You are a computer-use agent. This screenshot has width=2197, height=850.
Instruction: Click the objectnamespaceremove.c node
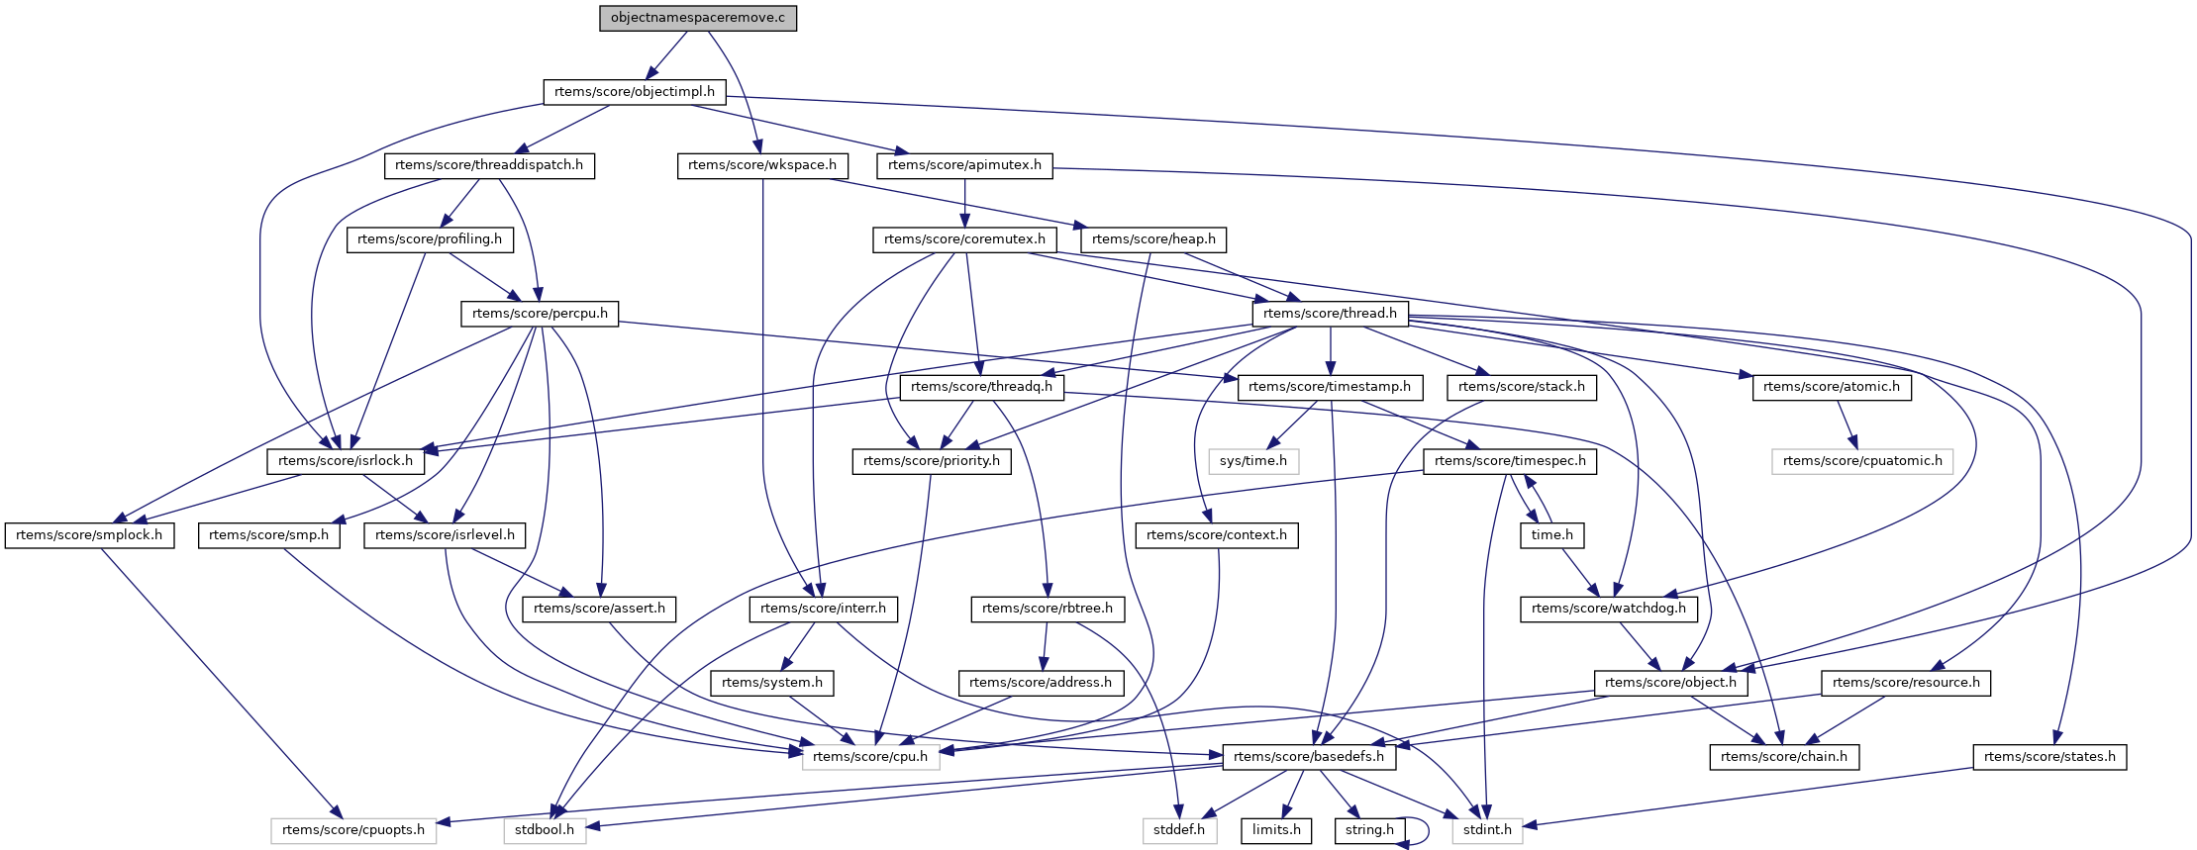coord(697,18)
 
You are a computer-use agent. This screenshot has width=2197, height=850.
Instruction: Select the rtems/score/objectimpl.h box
coord(634,92)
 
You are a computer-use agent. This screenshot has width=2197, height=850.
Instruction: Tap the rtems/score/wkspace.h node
coord(761,165)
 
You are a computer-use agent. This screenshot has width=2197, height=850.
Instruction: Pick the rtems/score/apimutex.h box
coord(964,165)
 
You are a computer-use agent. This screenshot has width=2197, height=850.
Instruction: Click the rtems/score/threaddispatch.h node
coord(489,165)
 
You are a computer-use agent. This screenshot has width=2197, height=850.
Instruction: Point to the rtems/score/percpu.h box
coord(539,314)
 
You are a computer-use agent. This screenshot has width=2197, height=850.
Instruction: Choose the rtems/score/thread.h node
coord(1330,314)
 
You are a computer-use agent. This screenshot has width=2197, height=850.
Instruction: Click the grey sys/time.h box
coord(1252,461)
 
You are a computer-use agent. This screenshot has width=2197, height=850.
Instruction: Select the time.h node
coord(1551,535)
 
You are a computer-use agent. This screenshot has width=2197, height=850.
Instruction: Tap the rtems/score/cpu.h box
coord(870,757)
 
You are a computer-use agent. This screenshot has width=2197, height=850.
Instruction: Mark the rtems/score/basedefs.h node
coord(1309,757)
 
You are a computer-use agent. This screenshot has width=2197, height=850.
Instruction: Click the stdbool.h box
coord(544,830)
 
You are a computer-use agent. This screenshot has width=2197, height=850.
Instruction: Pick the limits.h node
coord(1276,830)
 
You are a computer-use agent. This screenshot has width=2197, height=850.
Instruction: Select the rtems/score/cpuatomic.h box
coord(1861,461)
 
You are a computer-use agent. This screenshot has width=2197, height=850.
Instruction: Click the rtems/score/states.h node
coord(2049,757)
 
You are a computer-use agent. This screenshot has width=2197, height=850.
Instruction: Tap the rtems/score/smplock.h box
coord(89,535)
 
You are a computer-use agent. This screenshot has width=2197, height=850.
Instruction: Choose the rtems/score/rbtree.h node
coord(1048,609)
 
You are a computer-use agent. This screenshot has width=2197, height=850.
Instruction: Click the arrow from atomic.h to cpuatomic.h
coord(1844,425)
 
